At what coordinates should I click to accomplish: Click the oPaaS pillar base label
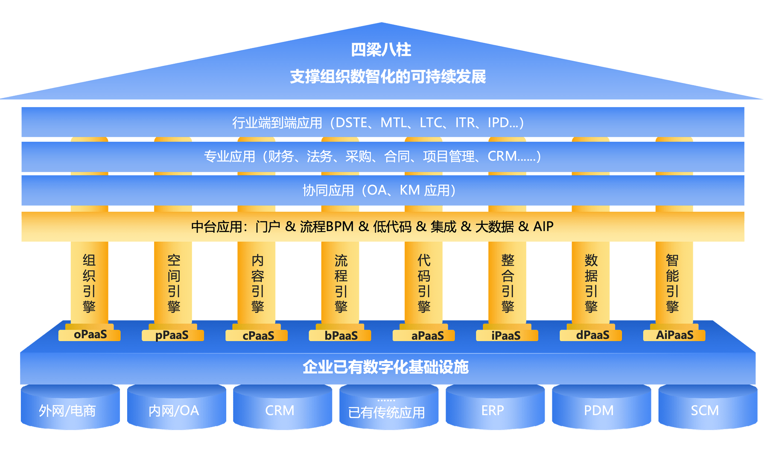pos(90,335)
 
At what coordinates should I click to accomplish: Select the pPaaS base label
pos(172,335)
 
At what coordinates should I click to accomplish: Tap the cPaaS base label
pos(258,336)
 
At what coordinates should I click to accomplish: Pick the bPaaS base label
pos(341,336)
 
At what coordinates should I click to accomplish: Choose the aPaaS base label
pos(427,336)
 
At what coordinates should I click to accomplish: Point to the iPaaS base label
pos(506,336)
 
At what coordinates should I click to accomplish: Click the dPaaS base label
pos(592,335)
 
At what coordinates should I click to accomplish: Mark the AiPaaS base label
pos(674,335)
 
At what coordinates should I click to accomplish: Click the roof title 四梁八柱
pos(381,50)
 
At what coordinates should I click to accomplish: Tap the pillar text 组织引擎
pos(89,283)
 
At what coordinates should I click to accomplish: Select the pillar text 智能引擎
pos(673,283)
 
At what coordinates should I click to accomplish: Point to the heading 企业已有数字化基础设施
pos(385,367)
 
